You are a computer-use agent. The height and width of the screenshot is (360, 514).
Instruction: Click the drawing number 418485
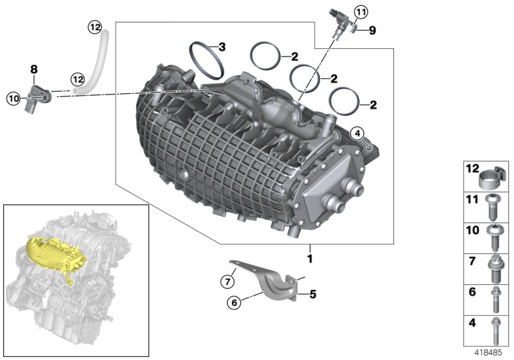(489, 353)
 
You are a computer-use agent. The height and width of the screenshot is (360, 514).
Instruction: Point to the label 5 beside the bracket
(313, 295)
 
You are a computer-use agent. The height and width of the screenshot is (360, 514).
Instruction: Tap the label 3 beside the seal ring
(222, 47)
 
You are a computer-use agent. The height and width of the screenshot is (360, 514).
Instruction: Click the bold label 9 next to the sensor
(371, 30)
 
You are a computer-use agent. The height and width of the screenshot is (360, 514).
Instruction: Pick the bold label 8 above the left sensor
(34, 67)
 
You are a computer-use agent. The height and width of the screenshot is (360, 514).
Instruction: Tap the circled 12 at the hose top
(95, 26)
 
